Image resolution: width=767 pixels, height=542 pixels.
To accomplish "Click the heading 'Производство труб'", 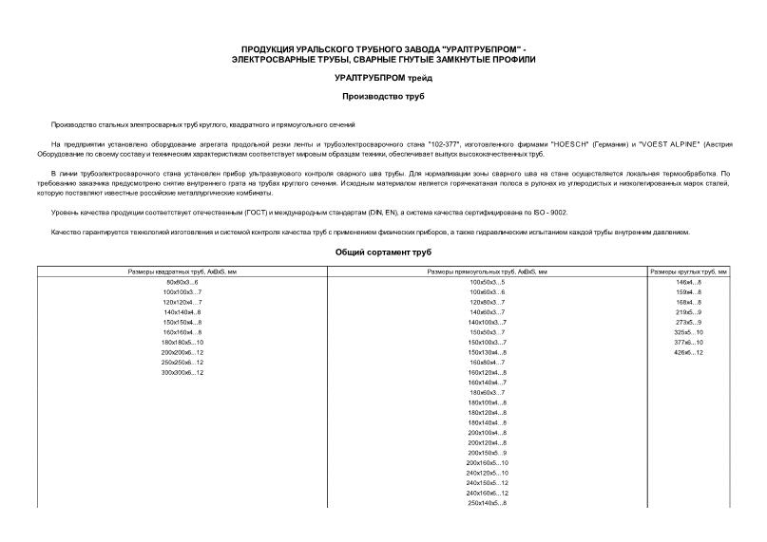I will click(383, 97).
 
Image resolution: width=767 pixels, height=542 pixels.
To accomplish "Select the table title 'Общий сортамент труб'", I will click(383, 252).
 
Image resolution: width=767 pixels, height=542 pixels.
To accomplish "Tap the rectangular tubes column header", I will click(488, 272).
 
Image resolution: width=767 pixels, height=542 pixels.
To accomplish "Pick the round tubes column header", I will click(688, 272).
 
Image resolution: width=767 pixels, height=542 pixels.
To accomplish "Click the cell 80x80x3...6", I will click(182, 283).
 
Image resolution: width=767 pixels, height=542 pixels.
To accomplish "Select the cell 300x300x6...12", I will click(182, 373).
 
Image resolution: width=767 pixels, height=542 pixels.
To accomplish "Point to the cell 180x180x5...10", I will click(182, 343).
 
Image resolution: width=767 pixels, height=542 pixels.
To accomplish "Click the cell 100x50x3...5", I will click(488, 283).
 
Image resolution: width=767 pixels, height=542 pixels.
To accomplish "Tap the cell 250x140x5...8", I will click(488, 503).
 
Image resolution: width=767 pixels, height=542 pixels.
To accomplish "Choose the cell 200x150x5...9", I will click(488, 453).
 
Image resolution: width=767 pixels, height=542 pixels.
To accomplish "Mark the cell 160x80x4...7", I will click(488, 363).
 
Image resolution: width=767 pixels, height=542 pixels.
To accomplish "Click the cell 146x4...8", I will click(688, 283).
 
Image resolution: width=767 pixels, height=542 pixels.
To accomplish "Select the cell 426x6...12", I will click(688, 353).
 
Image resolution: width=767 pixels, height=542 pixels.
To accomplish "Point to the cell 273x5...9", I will click(688, 323).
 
